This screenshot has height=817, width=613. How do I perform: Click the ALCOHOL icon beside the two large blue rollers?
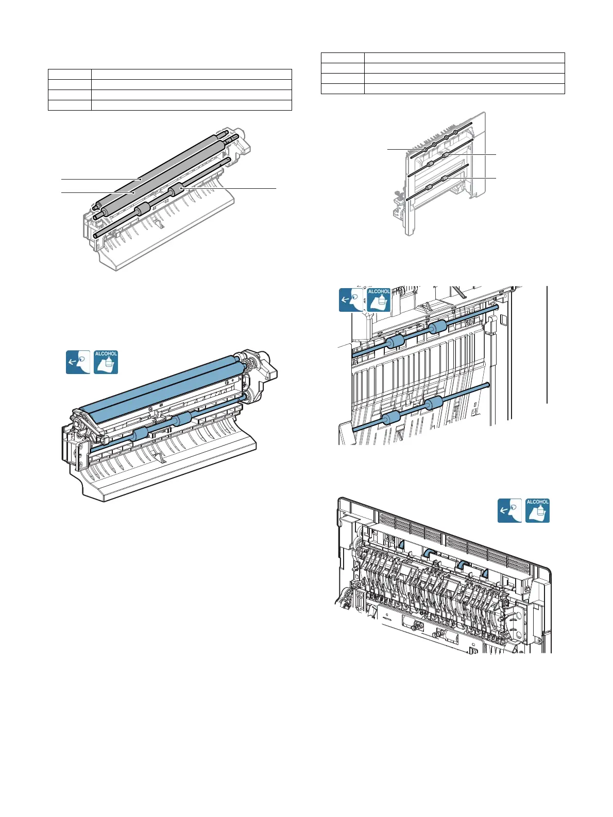click(x=106, y=362)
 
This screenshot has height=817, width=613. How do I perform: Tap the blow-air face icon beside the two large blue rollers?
click(x=78, y=362)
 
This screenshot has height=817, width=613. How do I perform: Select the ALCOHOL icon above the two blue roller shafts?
click(x=379, y=299)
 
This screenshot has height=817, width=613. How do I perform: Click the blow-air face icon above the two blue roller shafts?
click(x=351, y=299)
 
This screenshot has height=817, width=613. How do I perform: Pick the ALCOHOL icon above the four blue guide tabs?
click(x=537, y=510)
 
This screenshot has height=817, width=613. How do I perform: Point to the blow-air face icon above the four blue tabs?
click(x=509, y=510)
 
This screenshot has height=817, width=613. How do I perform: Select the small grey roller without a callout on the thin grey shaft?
click(x=142, y=208)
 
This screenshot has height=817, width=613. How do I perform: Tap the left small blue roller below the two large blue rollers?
click(x=141, y=435)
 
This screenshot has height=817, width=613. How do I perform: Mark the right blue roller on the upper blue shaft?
click(x=437, y=327)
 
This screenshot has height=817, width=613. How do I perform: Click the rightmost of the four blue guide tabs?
click(x=485, y=573)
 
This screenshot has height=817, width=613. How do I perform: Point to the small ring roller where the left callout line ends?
click(x=424, y=149)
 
